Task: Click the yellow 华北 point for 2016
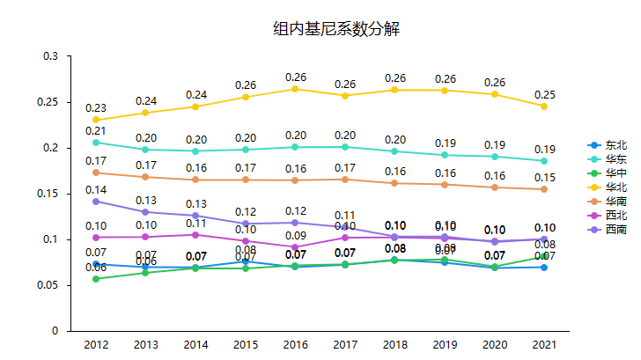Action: click(x=295, y=89)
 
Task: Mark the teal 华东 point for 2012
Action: click(x=96, y=143)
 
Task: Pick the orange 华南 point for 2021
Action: click(x=544, y=189)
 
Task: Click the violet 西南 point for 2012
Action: click(x=96, y=202)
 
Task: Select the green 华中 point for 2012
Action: click(x=96, y=279)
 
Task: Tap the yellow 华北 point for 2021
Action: click(x=544, y=107)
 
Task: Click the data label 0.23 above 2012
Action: click(x=96, y=107)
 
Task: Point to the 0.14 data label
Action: click(x=96, y=189)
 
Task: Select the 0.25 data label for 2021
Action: click(x=544, y=94)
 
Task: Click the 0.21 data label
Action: click(x=96, y=130)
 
